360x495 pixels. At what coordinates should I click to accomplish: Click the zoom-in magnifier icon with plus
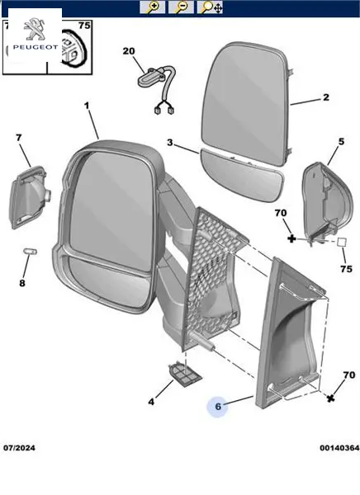(153, 7)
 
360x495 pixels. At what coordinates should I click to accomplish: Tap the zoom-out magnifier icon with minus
(181, 7)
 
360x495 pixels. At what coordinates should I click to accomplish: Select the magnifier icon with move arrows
(210, 7)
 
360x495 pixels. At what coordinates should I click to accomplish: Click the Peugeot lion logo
(35, 29)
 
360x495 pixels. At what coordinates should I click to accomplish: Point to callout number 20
(129, 51)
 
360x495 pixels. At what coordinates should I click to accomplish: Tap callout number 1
(87, 106)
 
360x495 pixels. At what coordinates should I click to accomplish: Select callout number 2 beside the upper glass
(326, 97)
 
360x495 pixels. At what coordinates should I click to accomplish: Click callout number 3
(170, 143)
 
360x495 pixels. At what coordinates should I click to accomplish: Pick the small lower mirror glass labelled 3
(243, 176)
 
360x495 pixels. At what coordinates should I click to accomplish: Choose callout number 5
(341, 141)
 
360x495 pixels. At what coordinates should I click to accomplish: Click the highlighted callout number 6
(218, 406)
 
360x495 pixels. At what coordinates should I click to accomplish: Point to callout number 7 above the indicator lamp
(19, 138)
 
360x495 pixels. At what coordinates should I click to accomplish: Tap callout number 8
(21, 283)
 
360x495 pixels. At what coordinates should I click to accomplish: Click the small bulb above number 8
(31, 252)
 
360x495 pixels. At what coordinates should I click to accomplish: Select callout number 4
(151, 402)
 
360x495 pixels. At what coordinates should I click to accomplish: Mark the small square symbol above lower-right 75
(341, 242)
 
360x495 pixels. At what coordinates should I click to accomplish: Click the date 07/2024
(19, 448)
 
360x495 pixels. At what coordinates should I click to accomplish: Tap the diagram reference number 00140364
(339, 448)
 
